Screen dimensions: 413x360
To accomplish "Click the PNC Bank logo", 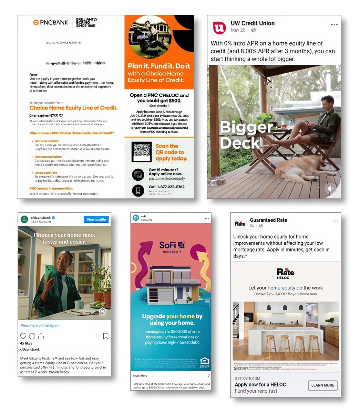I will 51,23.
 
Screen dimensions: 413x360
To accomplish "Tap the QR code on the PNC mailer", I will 142,152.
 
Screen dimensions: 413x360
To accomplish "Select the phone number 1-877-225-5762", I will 166,187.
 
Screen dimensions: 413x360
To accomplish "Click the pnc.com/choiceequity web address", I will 167,179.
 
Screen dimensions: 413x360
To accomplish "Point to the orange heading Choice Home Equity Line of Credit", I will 73,108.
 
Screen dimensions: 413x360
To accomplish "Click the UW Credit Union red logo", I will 219,27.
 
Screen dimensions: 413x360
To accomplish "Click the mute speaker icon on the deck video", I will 330,189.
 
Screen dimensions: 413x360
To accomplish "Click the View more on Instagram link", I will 40,325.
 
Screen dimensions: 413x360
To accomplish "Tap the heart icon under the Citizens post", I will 23,336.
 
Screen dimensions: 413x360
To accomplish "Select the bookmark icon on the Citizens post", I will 106,336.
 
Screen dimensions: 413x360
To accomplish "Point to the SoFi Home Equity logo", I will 172,246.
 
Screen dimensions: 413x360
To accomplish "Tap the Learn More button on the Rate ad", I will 322,385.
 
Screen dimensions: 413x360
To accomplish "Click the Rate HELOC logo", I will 285,274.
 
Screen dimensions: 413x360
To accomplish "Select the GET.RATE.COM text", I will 247,378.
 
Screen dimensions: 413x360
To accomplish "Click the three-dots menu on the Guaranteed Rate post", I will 336,221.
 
